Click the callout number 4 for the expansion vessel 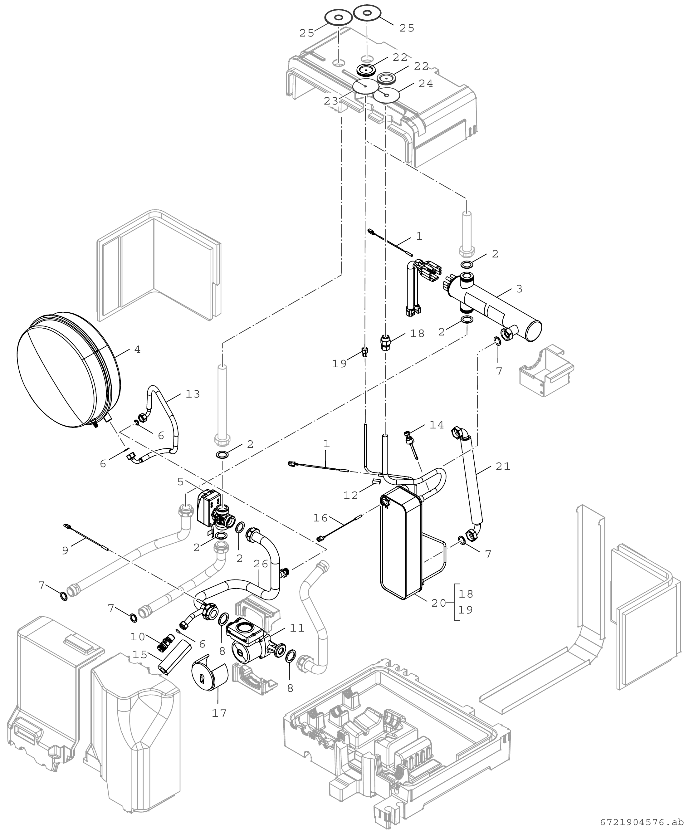click(x=137, y=350)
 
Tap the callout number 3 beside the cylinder click(x=519, y=289)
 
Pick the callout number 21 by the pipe click(x=503, y=467)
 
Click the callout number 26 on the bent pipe click(x=261, y=564)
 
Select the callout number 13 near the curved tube click(x=193, y=394)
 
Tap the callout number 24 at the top click(x=426, y=84)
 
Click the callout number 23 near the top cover click(x=331, y=101)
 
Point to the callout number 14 click(x=437, y=425)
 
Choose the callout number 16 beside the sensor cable click(x=320, y=518)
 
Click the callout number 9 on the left click(x=66, y=550)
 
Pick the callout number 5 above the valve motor click(x=180, y=481)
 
